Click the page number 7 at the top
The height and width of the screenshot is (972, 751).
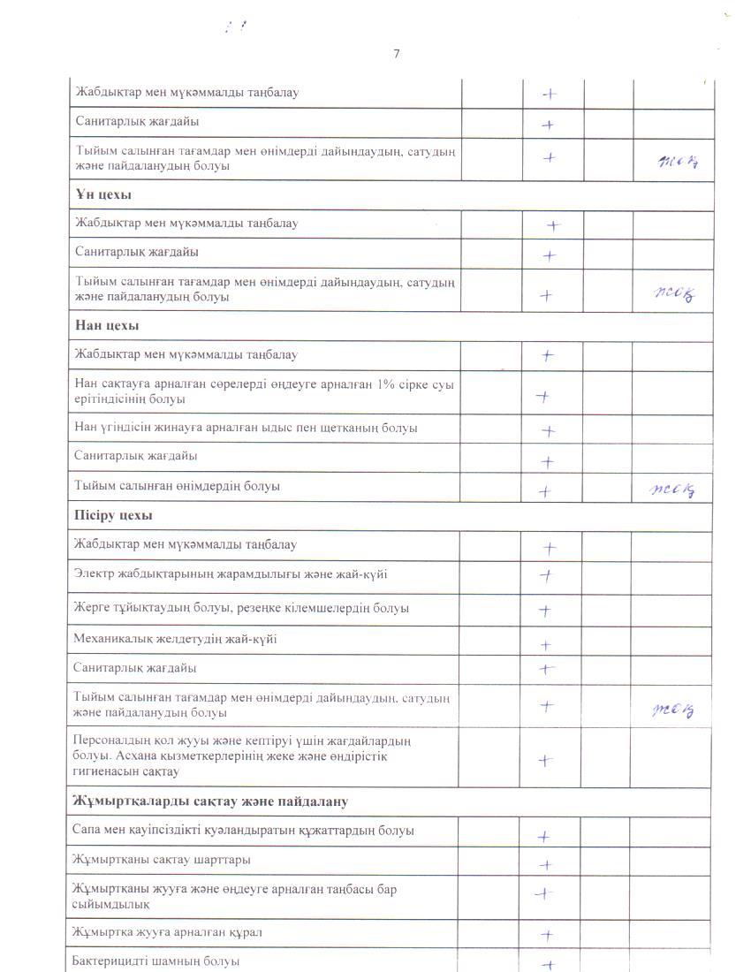(x=396, y=54)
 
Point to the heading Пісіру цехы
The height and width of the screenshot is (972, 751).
(x=114, y=514)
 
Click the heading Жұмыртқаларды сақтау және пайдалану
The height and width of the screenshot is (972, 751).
(x=210, y=801)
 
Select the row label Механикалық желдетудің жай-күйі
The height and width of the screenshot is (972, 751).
(x=175, y=639)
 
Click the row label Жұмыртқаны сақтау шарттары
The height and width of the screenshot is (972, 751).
(x=162, y=859)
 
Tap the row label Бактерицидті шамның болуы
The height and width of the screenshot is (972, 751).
(x=156, y=961)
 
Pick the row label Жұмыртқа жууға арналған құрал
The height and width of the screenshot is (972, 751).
(x=168, y=931)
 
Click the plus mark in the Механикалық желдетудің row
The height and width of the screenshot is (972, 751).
(x=546, y=645)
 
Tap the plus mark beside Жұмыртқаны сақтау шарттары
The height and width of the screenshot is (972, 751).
(x=546, y=865)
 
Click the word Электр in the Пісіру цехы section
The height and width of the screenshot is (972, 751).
(x=94, y=574)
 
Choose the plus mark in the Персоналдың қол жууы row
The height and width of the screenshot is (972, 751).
(x=546, y=760)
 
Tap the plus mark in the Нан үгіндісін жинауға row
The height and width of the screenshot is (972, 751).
(x=548, y=431)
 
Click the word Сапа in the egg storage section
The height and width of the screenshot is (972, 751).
(x=87, y=830)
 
